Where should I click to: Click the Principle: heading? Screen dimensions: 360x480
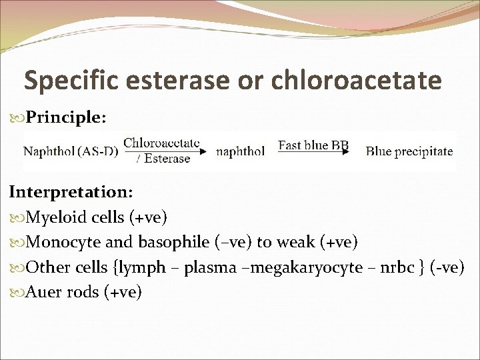[65, 117]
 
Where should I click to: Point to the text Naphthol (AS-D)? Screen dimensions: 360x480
[71, 151]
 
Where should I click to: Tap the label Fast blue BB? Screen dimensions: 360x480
[313, 145]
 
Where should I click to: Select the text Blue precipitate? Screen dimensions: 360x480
[409, 151]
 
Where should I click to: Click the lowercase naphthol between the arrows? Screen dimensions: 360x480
[240, 151]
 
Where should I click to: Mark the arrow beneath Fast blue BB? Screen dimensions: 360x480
[313, 153]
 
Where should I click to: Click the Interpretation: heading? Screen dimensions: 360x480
[71, 192]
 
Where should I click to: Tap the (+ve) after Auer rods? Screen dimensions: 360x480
[123, 292]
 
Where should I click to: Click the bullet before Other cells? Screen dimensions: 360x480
[16, 267]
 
